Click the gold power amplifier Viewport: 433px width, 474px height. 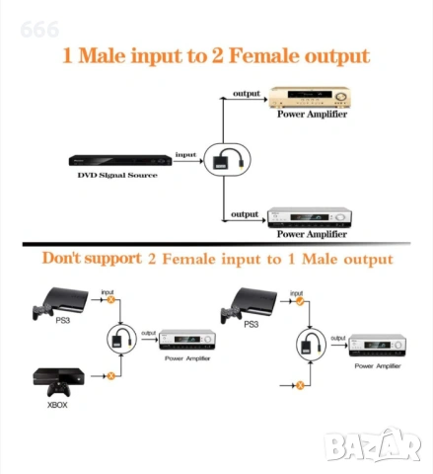(x=309, y=97)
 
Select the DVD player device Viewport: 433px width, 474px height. (x=120, y=161)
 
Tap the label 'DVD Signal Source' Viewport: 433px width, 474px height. (x=117, y=175)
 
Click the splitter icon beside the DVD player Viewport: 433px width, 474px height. (x=227, y=160)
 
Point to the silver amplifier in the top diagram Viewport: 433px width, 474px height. (x=310, y=217)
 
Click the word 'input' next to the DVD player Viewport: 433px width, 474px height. (x=185, y=155)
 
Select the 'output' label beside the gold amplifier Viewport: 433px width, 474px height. (x=247, y=94)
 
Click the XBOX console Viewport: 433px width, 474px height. (x=58, y=376)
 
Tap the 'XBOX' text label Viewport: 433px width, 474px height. (x=57, y=405)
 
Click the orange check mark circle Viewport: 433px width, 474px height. (x=300, y=301)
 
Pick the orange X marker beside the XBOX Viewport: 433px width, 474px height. (x=111, y=375)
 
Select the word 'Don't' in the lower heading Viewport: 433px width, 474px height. (x=61, y=258)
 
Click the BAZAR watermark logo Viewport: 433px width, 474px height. (x=373, y=445)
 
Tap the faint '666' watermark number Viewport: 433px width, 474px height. (x=39, y=30)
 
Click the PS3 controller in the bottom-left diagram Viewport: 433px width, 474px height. (x=42, y=311)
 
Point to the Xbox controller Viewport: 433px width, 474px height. (x=58, y=389)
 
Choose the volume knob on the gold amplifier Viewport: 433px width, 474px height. (x=340, y=97)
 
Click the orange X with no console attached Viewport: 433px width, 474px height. (x=300, y=385)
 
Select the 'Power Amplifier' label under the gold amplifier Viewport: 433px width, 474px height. (x=312, y=114)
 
